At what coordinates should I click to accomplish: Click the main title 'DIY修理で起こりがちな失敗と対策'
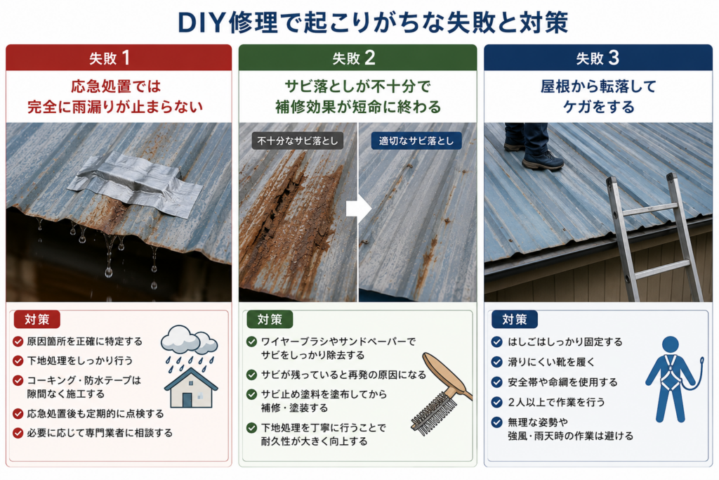pos(373,22)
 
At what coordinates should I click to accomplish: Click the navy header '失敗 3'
pos(598,58)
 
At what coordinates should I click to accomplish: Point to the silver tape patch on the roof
pos(136,186)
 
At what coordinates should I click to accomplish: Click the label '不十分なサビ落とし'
pos(298,141)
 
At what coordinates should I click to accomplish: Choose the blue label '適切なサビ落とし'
pos(416,141)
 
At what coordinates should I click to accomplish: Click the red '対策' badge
pos(37,319)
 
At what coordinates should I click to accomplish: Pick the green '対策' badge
pos(270,319)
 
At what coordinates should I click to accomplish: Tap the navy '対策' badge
pos(515,319)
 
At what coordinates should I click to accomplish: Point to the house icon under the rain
pos(191,388)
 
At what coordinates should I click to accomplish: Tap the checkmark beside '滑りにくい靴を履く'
pos(496,362)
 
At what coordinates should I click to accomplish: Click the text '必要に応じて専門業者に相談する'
pos(100,433)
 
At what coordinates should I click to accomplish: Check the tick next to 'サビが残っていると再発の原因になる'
pos(251,375)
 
